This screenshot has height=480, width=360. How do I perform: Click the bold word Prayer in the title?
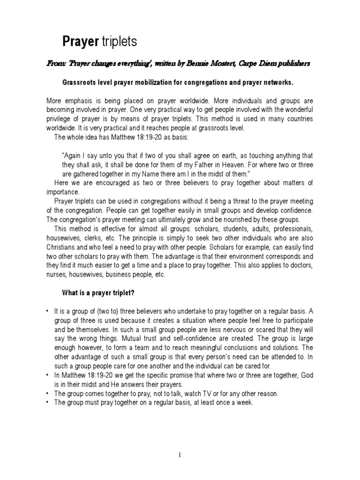pyautogui.click(x=80, y=43)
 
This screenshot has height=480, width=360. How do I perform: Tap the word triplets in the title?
pyautogui.click(x=119, y=43)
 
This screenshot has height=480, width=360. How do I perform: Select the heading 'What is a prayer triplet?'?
pyautogui.click(x=105, y=293)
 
